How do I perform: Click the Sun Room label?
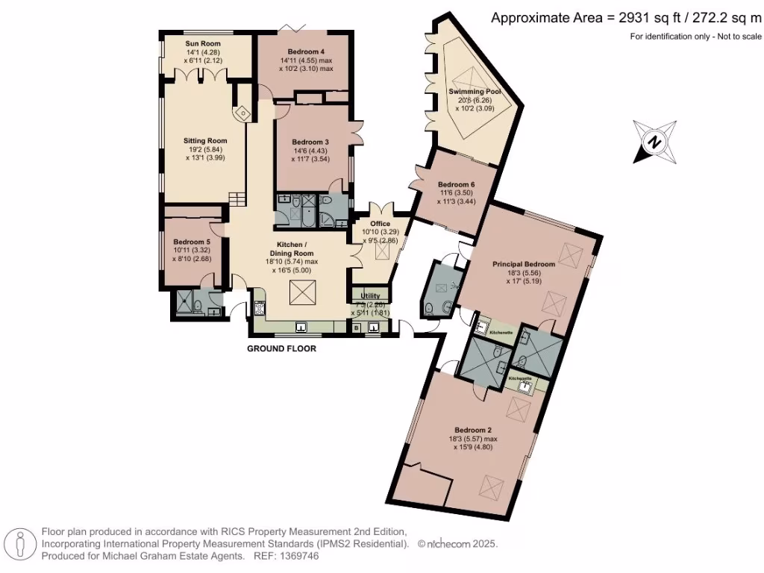203,44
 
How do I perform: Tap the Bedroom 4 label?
306,51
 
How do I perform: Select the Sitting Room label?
205,140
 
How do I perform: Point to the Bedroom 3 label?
310,142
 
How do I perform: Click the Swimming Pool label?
474,92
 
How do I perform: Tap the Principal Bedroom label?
524,264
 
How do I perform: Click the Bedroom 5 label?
192,242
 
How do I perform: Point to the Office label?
380,224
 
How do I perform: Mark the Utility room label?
371,295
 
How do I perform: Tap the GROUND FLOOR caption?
283,348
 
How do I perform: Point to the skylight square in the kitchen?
301,292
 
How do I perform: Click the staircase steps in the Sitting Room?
237,198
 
